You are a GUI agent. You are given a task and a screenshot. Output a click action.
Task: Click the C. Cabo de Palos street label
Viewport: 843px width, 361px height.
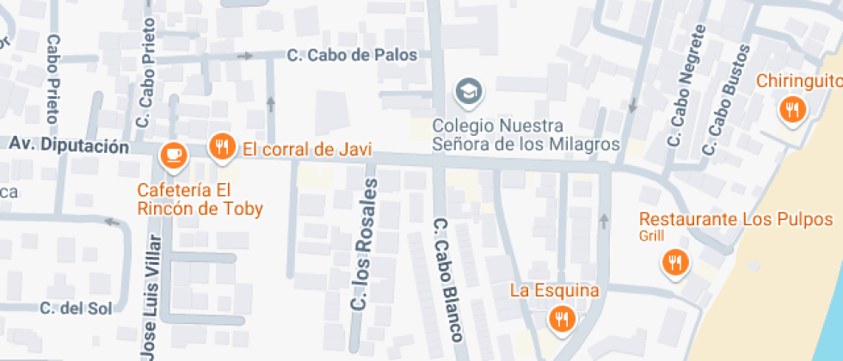coord(351,55)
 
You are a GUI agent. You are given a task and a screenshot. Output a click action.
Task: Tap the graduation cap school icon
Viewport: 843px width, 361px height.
coord(469,90)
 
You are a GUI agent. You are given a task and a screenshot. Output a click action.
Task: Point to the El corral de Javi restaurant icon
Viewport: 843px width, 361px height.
coord(222,146)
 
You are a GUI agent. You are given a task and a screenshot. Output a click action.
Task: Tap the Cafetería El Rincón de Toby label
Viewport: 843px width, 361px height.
coord(200,199)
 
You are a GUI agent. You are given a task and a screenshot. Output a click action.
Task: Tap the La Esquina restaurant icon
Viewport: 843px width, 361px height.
coord(562,319)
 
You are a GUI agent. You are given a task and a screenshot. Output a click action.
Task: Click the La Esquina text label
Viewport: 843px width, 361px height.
coord(554,291)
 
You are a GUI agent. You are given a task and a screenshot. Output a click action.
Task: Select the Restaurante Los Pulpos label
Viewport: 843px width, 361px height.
coord(741,219)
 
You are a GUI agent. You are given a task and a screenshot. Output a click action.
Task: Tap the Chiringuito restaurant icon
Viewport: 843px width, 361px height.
coord(791,110)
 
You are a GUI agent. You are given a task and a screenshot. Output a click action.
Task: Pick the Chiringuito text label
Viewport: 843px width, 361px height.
coord(799,81)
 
